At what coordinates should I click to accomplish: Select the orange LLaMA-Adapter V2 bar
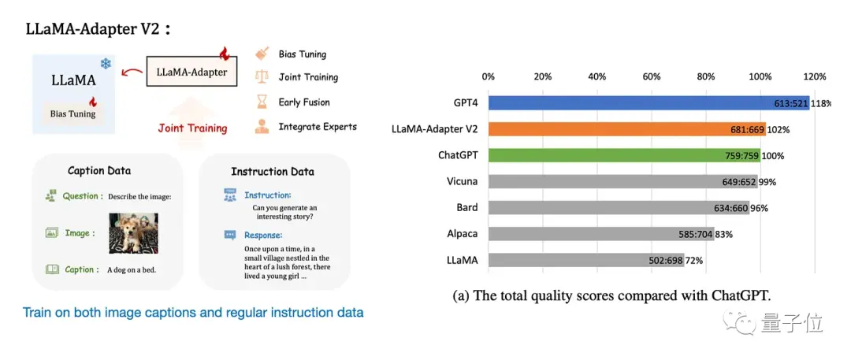[x=626, y=129]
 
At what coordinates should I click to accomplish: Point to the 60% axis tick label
[x=652, y=77]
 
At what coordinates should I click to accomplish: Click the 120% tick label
[x=814, y=77]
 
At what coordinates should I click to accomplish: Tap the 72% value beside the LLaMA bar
[x=693, y=260]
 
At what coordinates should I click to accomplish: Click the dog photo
[x=133, y=232]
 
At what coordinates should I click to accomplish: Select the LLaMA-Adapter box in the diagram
[x=191, y=72]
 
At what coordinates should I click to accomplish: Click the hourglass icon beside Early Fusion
[x=262, y=102]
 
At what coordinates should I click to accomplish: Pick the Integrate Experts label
[x=318, y=126]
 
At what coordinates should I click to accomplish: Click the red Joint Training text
[x=192, y=128]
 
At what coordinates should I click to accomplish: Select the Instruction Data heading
[x=272, y=172]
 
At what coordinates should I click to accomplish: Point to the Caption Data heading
[x=99, y=171]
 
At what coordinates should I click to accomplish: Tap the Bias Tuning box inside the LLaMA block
[x=73, y=113]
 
